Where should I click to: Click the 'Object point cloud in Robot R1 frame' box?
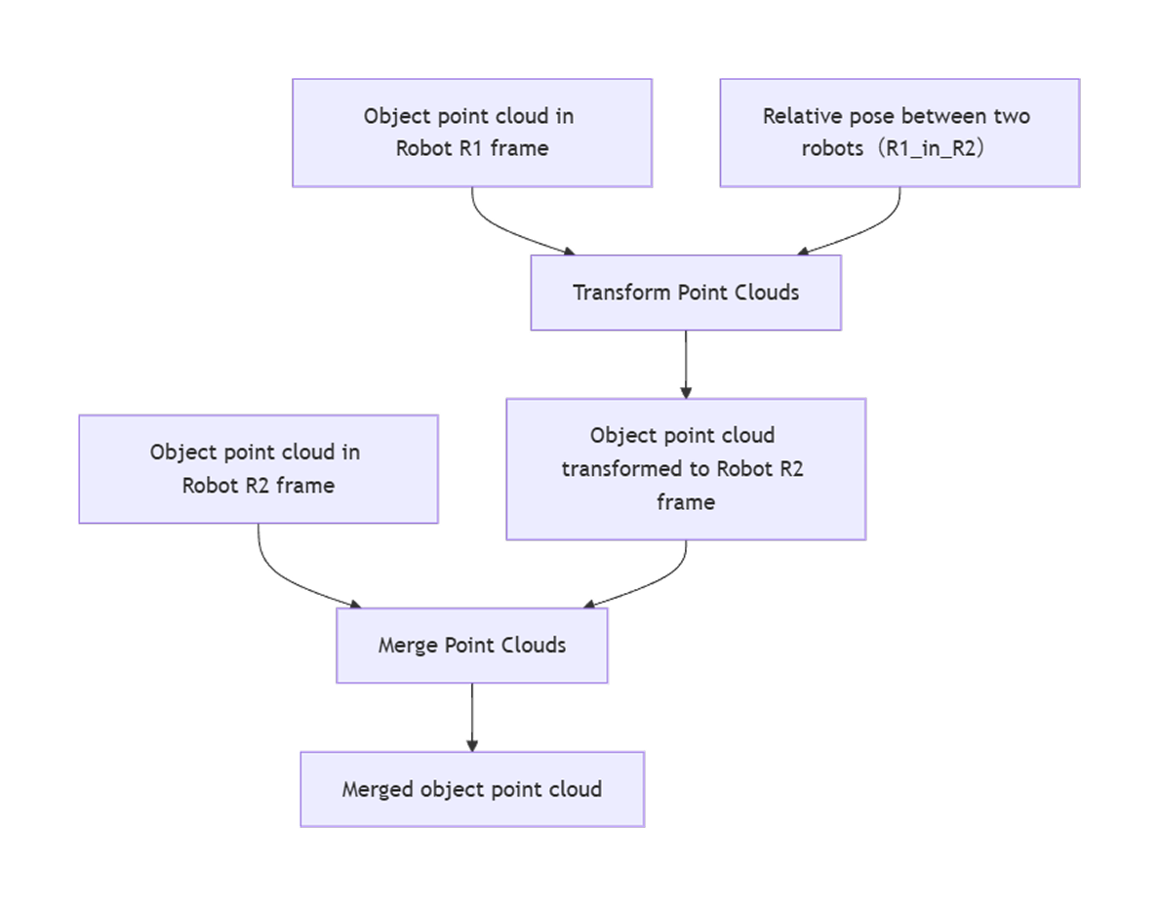pyautogui.click(x=472, y=132)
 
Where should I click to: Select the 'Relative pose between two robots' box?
pyautogui.click(x=899, y=132)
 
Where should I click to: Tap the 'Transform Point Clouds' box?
pyautogui.click(x=686, y=293)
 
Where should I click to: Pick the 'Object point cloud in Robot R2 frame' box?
pyautogui.click(x=258, y=469)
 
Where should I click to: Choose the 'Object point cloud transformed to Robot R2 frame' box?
pyautogui.click(x=686, y=468)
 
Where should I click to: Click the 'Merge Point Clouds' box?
pyautogui.click(x=472, y=646)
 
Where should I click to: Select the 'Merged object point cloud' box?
pyautogui.click(x=472, y=789)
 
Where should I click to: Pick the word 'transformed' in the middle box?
pyautogui.click(x=621, y=468)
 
